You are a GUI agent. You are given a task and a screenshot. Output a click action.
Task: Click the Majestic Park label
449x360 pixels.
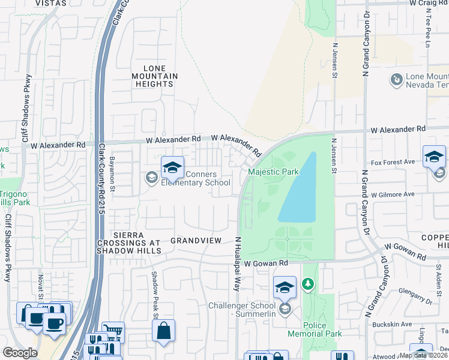pos(273,172)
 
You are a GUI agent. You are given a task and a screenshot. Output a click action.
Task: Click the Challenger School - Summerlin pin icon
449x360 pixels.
pos(285,287)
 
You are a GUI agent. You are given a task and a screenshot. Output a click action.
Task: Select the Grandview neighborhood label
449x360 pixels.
pos(196,240)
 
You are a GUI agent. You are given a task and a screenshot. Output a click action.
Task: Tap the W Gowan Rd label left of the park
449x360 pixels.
pos(266,263)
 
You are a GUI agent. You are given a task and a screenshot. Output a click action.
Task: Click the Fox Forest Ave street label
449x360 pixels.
pos(393,162)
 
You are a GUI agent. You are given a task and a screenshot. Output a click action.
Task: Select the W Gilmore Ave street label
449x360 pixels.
pos(393,194)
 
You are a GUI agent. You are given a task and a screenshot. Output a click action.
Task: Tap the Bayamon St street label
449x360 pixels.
pos(112,170)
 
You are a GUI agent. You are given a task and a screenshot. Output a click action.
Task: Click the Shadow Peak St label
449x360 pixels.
pos(154,294)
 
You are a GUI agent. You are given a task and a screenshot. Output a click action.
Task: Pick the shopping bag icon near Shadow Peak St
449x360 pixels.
pos(163,331)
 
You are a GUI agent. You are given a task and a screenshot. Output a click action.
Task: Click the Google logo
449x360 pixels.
pos(19,353)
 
